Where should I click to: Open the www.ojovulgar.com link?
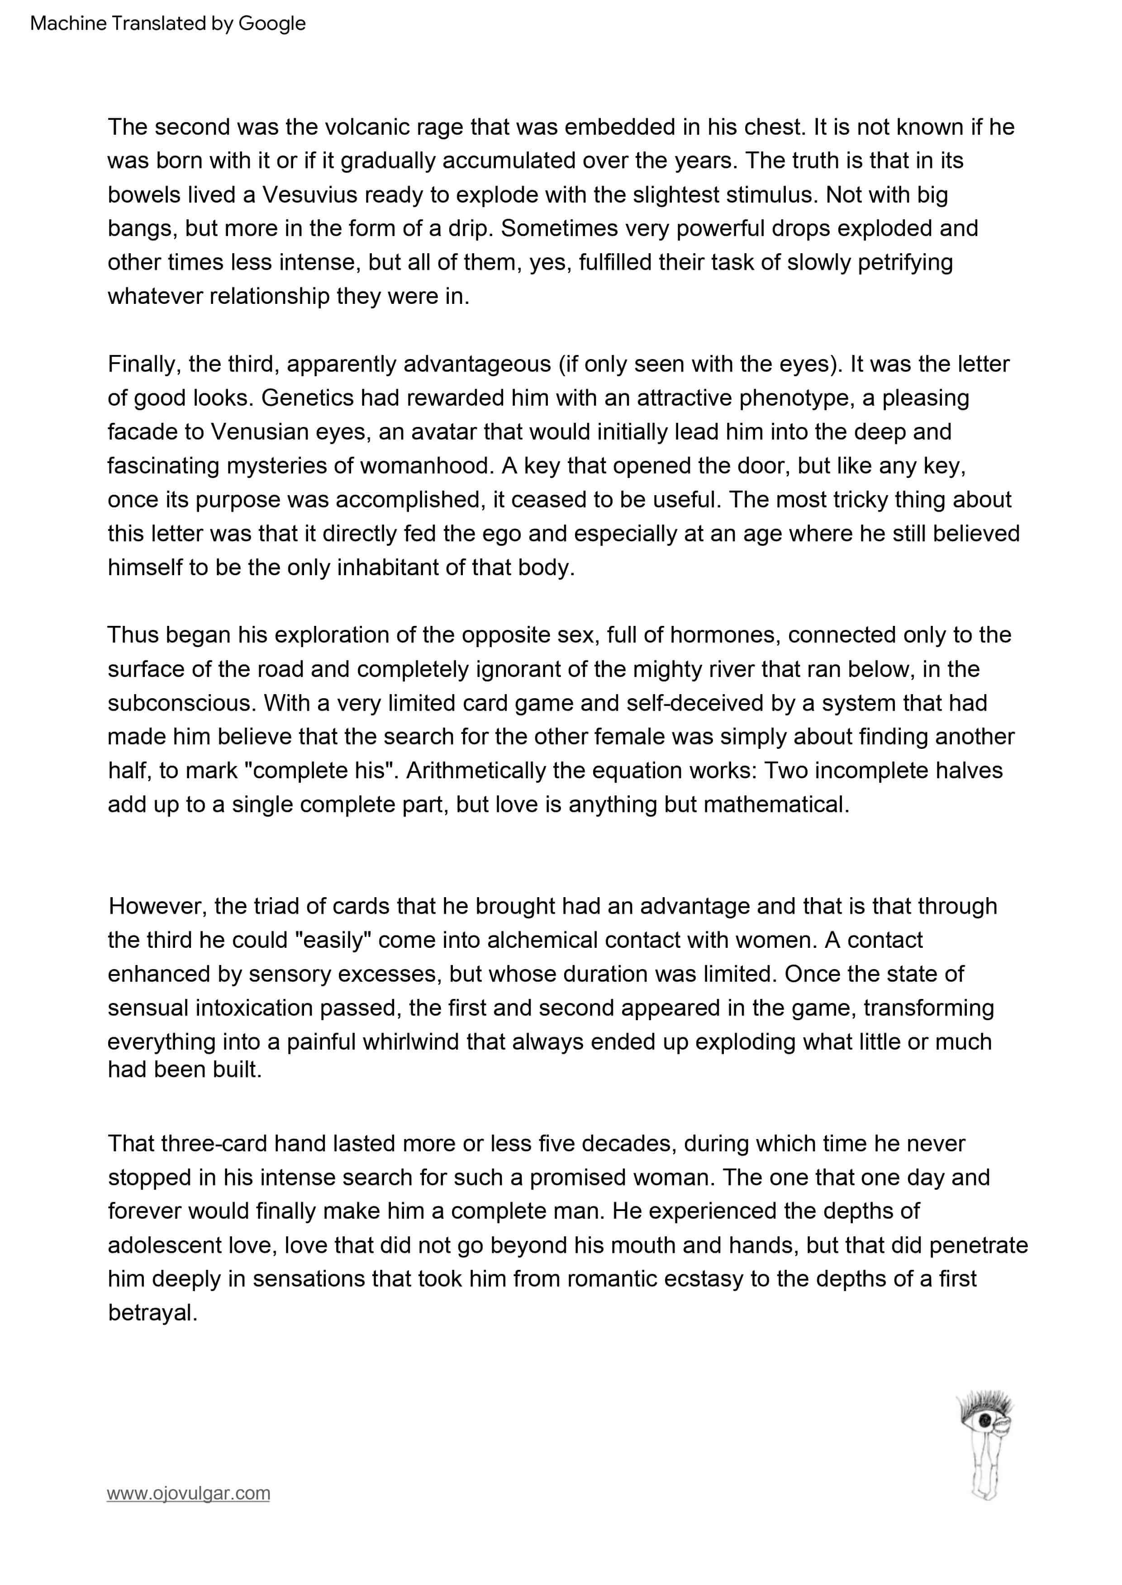pos(188,1493)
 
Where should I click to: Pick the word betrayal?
pos(152,1312)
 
